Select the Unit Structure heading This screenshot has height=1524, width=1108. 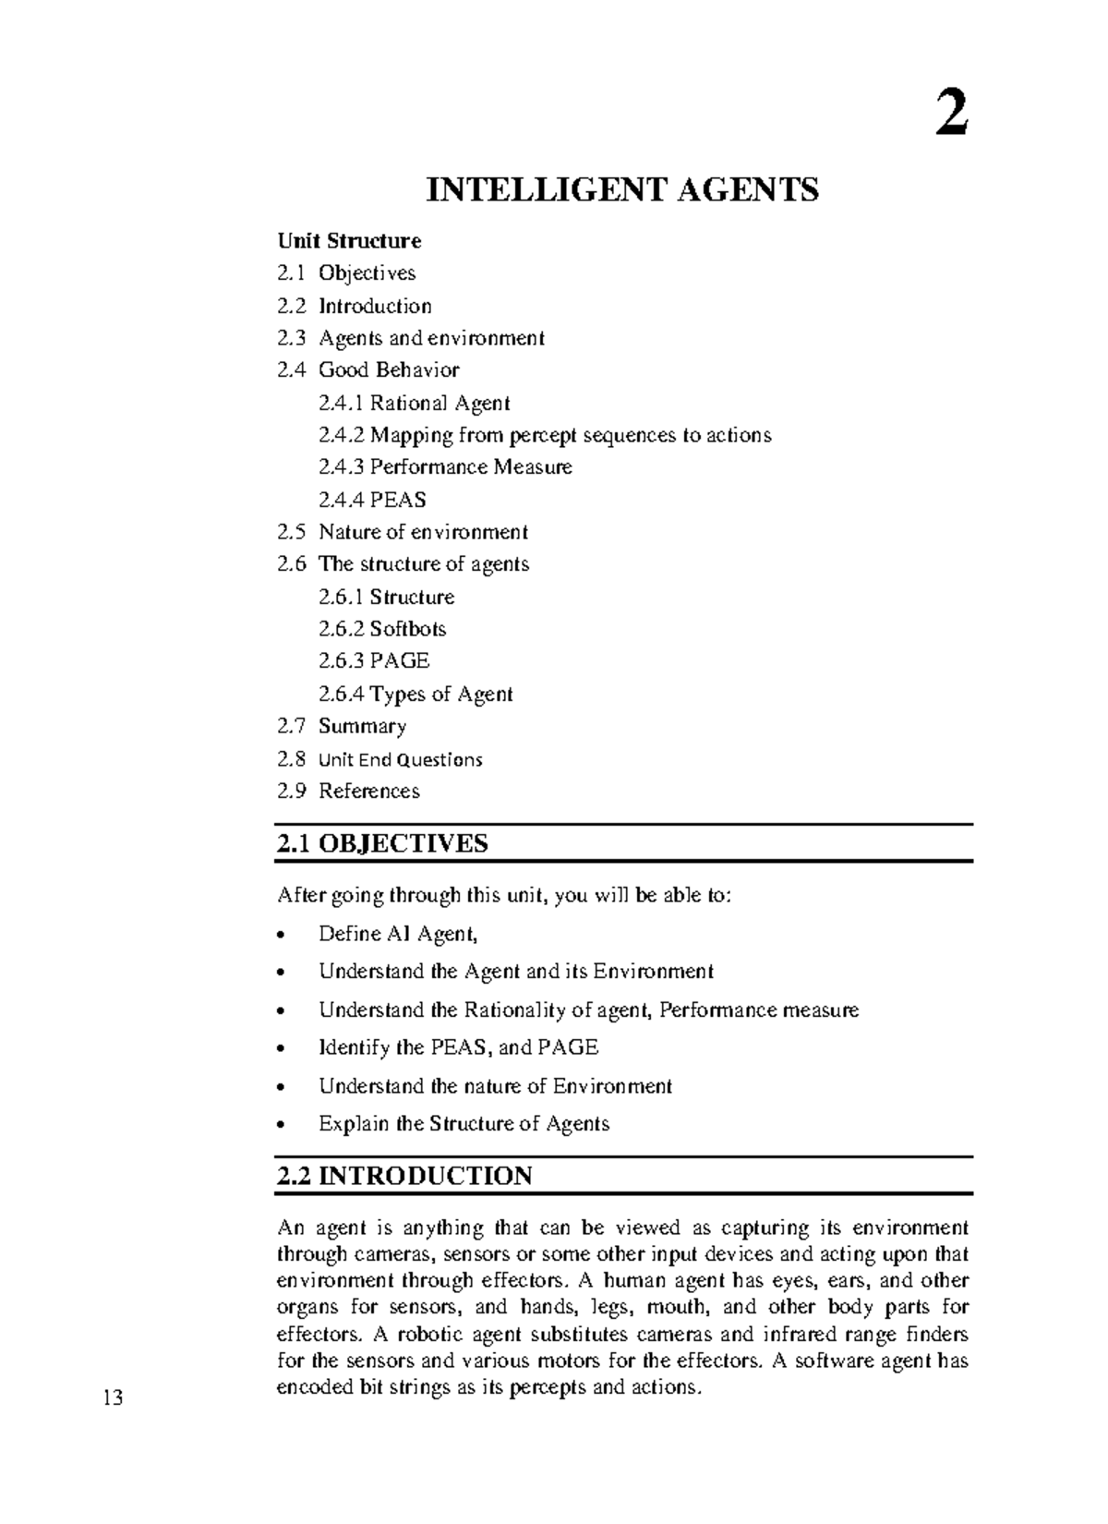tap(349, 241)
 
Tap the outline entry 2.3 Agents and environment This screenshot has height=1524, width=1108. tap(411, 338)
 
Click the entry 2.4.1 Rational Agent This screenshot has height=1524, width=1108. tap(415, 403)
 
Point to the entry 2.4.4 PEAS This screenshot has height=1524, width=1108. tap(372, 500)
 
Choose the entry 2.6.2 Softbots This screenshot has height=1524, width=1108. tap(382, 629)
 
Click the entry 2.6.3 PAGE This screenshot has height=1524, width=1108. tap(374, 661)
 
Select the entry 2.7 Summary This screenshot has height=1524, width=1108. tap(342, 726)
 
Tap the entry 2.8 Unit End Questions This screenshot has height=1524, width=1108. tap(379, 759)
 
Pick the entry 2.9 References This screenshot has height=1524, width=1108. tap(348, 791)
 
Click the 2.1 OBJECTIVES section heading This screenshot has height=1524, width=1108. tap(382, 843)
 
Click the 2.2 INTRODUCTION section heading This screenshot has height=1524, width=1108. tap(404, 1176)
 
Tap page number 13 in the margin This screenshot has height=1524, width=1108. tap(113, 1398)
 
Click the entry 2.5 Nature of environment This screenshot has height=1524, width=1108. tap(403, 532)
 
